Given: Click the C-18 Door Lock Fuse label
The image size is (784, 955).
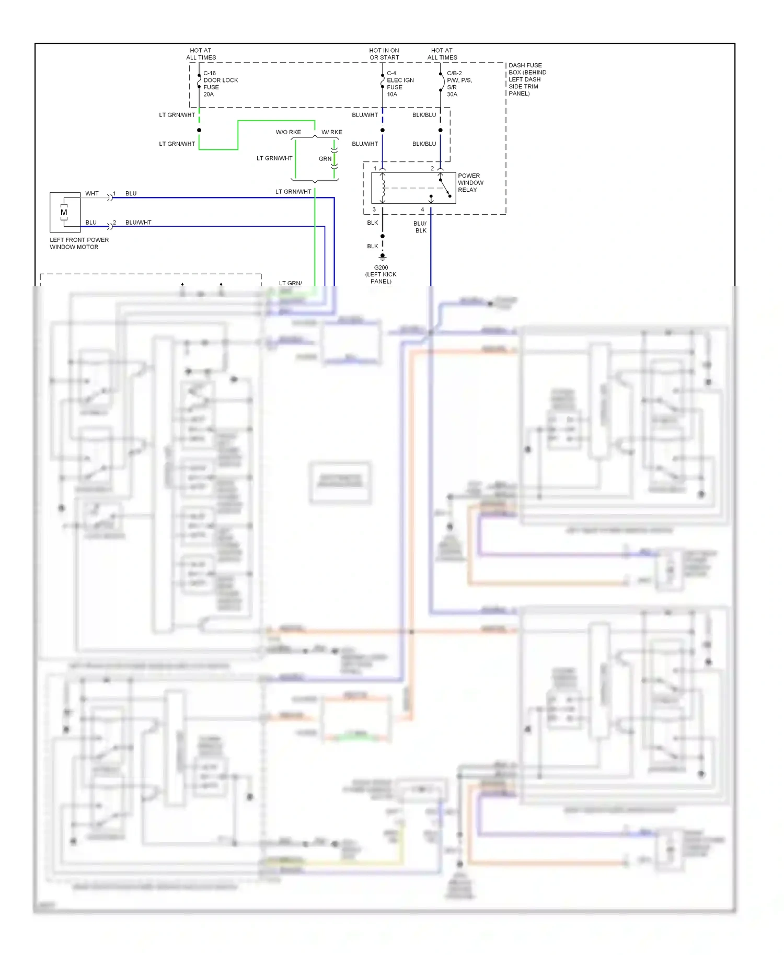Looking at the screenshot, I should (220, 80).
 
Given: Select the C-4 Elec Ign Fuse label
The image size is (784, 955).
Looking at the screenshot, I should (400, 80).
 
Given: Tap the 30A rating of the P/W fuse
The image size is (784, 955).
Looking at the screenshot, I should (452, 95).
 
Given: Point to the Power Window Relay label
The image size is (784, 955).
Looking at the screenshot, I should (470, 183).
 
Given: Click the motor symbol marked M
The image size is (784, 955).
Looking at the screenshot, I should (64, 213).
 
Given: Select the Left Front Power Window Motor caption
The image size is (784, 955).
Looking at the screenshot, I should (79, 243).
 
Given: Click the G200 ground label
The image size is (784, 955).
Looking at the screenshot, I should (381, 267).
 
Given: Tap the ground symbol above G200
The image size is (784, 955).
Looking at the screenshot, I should (382, 257).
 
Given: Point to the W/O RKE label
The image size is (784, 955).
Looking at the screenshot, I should (288, 132).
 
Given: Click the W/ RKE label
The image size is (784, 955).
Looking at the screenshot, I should (331, 132).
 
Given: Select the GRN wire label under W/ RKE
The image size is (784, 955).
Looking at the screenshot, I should (325, 159).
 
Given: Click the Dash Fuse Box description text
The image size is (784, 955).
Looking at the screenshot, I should (527, 79).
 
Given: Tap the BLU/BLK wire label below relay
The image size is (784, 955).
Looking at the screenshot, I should (420, 227).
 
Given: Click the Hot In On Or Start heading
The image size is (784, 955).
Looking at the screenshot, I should (384, 54).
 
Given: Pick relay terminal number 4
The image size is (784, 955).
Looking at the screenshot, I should (422, 209).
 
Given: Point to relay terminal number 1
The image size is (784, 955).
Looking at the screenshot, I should (375, 168).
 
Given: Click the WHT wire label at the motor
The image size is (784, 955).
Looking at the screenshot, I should (92, 193).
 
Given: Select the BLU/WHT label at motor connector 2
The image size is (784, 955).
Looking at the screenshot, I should (138, 223).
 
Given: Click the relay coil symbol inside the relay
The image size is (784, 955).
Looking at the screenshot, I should (383, 187).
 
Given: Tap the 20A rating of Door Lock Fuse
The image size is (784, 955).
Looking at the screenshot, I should (208, 95).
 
